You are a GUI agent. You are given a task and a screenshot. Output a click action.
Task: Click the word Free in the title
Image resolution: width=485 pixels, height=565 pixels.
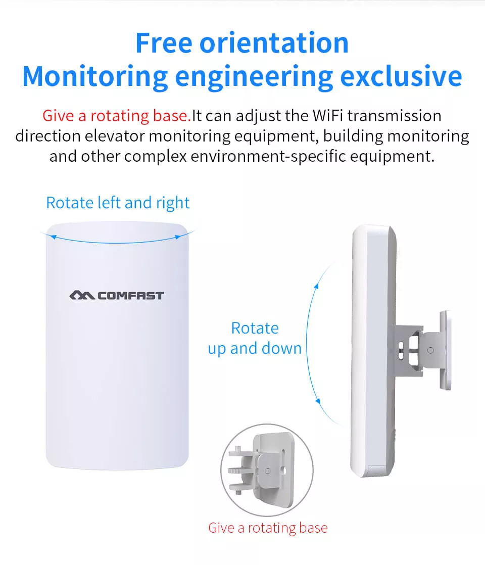tap(164, 43)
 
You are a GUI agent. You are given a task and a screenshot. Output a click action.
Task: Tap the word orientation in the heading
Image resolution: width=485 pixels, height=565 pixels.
tap(274, 43)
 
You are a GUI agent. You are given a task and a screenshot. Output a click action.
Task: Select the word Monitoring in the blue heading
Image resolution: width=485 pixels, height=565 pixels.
tap(95, 77)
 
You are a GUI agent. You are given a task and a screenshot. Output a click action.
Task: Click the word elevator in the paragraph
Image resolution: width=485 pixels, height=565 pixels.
tap(115, 136)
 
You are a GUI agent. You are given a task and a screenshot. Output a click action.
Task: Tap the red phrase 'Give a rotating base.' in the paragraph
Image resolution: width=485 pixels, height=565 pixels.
tap(116, 116)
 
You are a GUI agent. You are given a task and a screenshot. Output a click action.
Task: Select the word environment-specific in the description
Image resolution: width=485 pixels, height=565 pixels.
tap(268, 156)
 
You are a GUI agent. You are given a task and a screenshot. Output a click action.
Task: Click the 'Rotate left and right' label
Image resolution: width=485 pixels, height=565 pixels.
tap(118, 203)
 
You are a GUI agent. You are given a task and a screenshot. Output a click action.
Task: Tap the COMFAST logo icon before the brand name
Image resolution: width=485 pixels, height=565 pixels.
tap(82, 296)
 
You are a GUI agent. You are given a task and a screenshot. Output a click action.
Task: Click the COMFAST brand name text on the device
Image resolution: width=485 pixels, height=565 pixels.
tap(131, 296)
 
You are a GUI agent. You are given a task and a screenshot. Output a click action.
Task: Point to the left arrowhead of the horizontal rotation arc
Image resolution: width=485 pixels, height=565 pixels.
tap(53, 237)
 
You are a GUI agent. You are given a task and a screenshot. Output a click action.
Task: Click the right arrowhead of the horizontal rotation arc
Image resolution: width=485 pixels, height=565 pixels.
tap(178, 237)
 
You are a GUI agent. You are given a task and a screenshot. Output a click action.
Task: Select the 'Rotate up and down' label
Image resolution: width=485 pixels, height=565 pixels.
tap(255, 339)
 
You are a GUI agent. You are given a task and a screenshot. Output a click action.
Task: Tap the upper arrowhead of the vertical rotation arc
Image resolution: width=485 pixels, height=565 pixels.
tap(316, 286)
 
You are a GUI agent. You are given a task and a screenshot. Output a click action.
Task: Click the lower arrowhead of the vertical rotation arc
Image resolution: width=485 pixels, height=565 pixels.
tap(317, 401)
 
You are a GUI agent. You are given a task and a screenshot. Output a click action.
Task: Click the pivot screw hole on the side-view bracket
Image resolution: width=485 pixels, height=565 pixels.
tap(430, 350)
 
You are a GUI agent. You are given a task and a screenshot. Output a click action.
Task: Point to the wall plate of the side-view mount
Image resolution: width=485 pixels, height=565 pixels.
tap(446, 350)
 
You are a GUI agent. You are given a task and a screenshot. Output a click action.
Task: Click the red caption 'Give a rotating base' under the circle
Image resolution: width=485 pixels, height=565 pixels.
tap(268, 528)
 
